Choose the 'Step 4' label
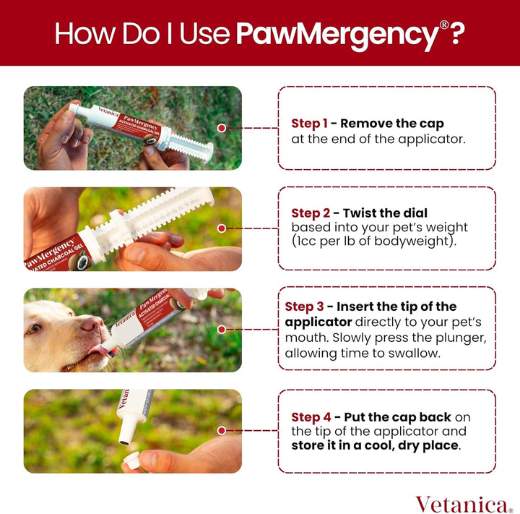312,417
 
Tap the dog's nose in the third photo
92,323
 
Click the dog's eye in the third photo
35,329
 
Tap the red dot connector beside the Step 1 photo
221,128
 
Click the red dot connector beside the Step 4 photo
221,431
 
